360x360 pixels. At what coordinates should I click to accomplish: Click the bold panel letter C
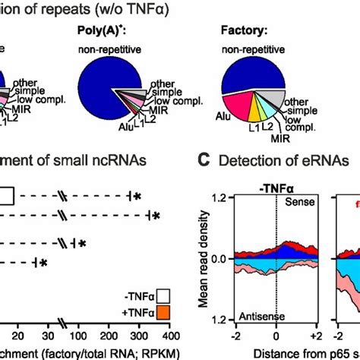click(203, 161)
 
